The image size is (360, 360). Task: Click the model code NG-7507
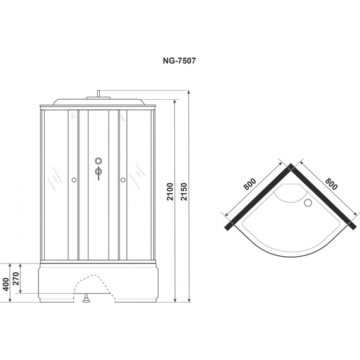pyautogui.click(x=180, y=62)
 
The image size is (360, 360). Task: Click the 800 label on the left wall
pyautogui.click(x=249, y=184)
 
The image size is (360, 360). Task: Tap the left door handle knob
pyautogui.click(x=74, y=181)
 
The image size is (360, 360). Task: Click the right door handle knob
pyautogui.click(x=123, y=181)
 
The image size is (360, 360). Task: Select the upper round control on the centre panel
pyautogui.click(x=98, y=160)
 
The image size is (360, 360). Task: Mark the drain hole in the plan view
pyautogui.click(x=308, y=203)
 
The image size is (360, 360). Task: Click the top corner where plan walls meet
pyautogui.click(x=289, y=167)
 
